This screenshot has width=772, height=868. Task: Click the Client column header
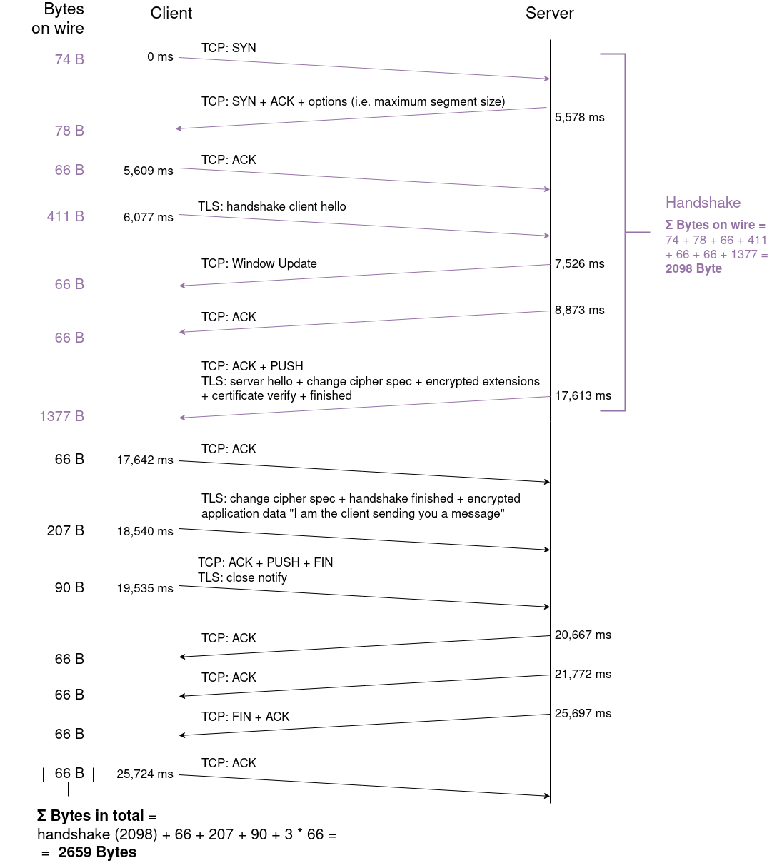coord(171,14)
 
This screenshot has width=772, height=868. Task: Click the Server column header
coord(549,14)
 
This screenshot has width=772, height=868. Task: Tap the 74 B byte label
coord(69,60)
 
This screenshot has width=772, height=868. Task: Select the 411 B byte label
coord(65,216)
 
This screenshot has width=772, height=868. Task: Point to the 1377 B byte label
coord(61,416)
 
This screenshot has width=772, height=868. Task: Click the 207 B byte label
coord(65,530)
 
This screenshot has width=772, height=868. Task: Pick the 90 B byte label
coord(69,587)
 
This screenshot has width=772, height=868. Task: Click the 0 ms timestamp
coord(160,57)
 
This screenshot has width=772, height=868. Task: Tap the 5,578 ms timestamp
coord(579,118)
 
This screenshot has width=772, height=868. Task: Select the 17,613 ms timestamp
coord(583,396)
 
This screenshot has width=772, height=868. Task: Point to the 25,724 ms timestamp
coord(145,774)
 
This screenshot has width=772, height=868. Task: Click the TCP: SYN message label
coord(229,48)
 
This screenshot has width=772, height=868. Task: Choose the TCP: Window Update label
coord(259,263)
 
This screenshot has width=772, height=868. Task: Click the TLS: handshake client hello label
coord(271,206)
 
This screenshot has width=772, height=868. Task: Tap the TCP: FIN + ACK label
coord(245,717)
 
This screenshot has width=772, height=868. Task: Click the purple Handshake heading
coord(703,203)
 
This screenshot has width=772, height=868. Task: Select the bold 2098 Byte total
coord(693,268)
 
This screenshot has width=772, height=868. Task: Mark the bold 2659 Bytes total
coord(97,852)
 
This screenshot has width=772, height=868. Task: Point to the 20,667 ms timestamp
coord(583,635)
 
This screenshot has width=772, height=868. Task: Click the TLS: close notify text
coord(242,577)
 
